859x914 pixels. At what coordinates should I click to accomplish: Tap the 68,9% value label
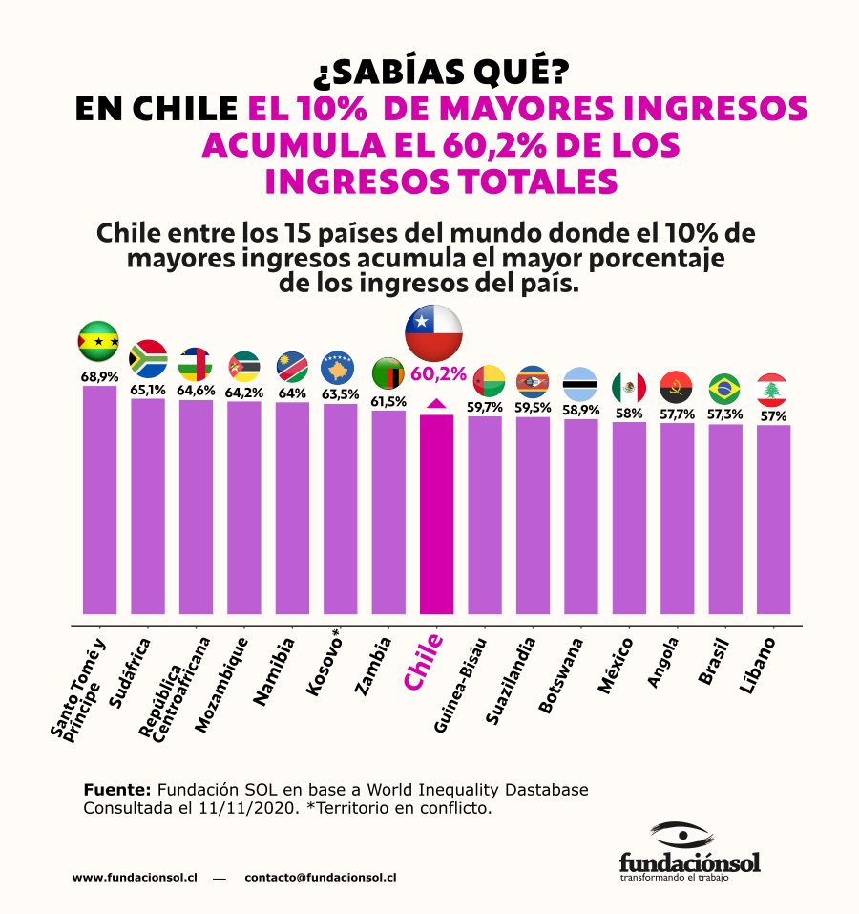pos(98,377)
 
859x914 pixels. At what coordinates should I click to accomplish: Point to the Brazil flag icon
pos(724,389)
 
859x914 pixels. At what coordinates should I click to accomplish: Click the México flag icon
pos(628,387)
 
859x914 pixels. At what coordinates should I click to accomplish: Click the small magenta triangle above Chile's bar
pos(436,404)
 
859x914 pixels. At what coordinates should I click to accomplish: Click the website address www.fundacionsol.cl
pos(135,877)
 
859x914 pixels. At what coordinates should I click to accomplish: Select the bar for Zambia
pos(388,512)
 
